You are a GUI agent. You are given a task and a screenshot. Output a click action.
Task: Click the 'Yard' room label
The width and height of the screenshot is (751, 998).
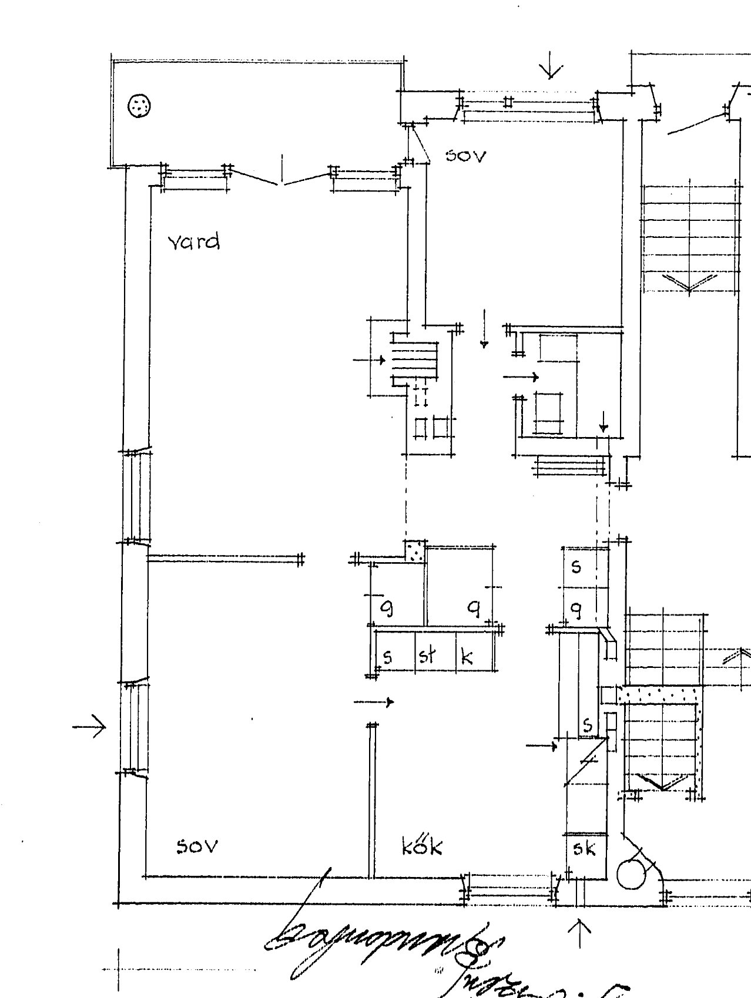[194, 241]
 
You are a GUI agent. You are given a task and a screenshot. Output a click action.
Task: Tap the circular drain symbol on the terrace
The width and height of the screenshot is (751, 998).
[140, 106]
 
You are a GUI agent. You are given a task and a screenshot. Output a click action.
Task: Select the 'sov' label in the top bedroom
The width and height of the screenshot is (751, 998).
[466, 156]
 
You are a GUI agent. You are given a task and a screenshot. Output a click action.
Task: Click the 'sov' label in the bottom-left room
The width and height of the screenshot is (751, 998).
[197, 846]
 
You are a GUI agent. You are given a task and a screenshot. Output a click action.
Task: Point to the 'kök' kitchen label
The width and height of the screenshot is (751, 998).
[422, 846]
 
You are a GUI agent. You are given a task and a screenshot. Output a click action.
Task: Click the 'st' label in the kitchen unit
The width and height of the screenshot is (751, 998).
[427, 655]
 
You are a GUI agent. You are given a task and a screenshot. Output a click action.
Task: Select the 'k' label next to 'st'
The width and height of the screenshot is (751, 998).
[467, 656]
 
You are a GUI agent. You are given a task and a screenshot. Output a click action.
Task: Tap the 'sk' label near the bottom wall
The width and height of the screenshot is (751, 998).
[584, 849]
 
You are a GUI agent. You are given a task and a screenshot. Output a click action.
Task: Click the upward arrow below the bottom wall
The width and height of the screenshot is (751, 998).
[580, 933]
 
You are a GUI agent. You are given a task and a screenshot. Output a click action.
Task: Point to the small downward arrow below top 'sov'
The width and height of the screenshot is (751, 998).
[484, 330]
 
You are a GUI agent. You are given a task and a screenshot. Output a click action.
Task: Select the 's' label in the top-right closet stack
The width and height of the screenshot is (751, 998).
[576, 566]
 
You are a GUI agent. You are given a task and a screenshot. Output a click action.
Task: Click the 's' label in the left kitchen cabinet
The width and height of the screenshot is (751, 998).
[387, 656]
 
